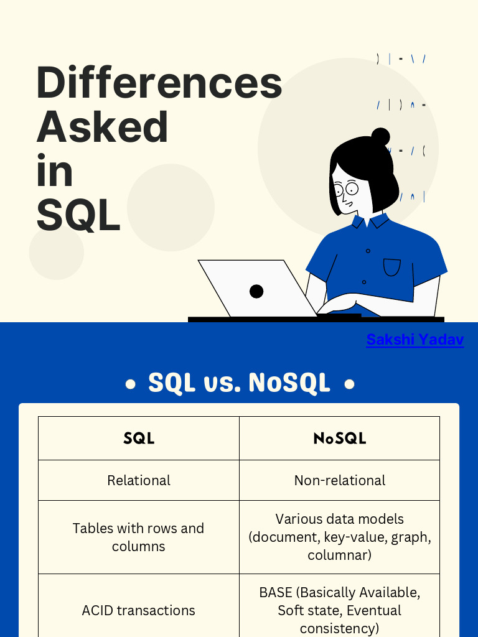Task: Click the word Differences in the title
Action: point(159,82)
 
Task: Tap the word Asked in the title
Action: point(102,126)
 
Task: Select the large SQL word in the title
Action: point(78,215)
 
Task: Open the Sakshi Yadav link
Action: point(415,340)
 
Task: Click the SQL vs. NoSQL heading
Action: point(239,383)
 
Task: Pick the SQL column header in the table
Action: point(139,439)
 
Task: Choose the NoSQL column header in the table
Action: point(340,439)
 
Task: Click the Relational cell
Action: point(139,480)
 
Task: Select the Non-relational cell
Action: point(340,480)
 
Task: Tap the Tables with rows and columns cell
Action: point(139,537)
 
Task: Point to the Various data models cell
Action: point(340,537)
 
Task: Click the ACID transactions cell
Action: point(139,610)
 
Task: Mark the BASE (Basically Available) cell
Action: point(340,610)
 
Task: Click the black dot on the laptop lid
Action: point(256,291)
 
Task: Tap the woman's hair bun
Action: point(380,137)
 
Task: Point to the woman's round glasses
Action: point(346,189)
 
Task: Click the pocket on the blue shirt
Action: point(392,267)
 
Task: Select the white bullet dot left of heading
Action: point(131,384)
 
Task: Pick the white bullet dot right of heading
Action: point(350,384)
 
